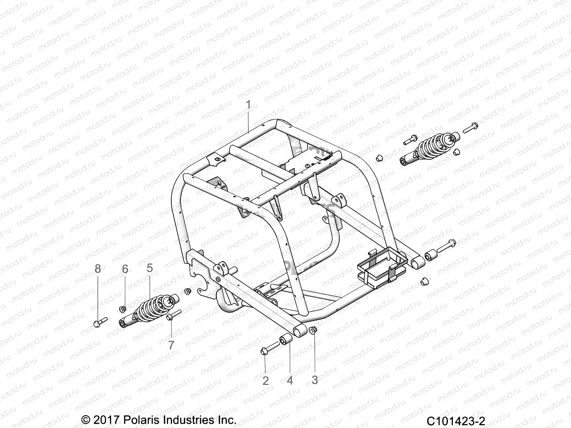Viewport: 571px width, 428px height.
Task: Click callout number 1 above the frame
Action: (248, 105)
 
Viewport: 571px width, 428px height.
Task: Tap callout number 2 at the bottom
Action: (266, 381)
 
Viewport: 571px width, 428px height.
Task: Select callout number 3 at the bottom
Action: (314, 380)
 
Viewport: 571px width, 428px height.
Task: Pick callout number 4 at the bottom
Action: (290, 381)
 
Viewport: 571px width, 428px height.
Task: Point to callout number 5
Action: (149, 268)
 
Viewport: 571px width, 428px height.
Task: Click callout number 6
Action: (125, 269)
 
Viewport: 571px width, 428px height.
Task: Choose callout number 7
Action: (171, 345)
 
